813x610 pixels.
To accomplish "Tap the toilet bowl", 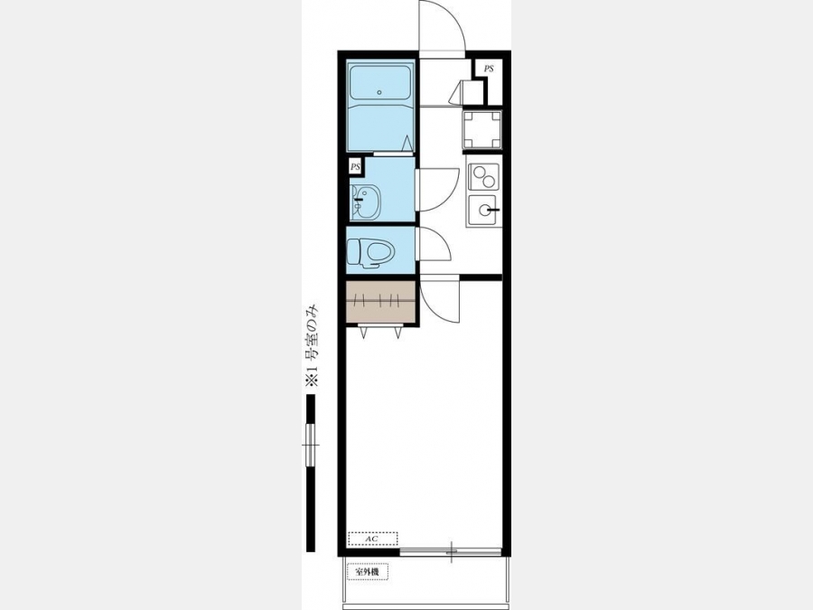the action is pyautogui.click(x=380, y=253).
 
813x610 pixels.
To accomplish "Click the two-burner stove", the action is pyautogui.click(x=483, y=177).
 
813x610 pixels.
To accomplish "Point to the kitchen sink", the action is pyautogui.click(x=482, y=210).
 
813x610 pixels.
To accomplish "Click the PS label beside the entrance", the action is pyautogui.click(x=489, y=69).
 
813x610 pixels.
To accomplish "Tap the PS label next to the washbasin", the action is pyautogui.click(x=355, y=167).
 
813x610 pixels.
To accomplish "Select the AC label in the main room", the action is pyautogui.click(x=372, y=540).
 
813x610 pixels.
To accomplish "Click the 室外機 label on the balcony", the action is pyautogui.click(x=367, y=572).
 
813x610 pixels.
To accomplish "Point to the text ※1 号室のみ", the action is pyautogui.click(x=311, y=346).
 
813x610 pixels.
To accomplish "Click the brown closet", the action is pyautogui.click(x=380, y=302).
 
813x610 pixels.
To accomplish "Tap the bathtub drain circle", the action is pyautogui.click(x=379, y=93).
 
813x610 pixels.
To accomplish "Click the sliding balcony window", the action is pyautogui.click(x=451, y=552).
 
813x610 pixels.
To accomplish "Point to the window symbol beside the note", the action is pyautogui.click(x=311, y=445).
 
